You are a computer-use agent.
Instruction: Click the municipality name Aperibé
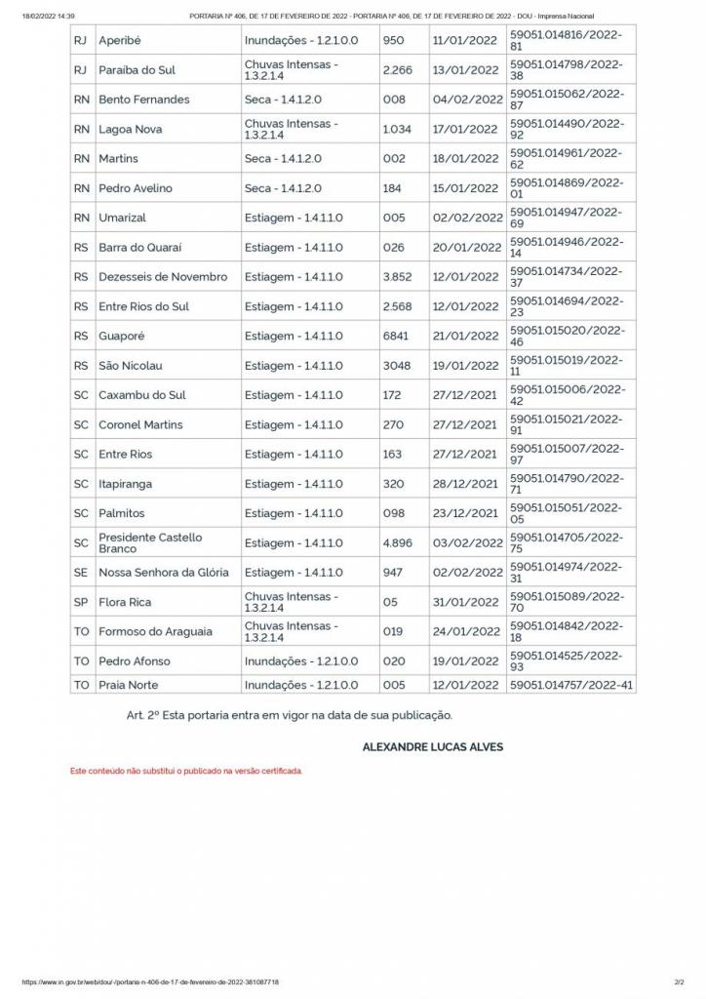point(120,41)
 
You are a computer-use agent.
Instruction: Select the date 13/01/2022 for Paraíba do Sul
point(467,70)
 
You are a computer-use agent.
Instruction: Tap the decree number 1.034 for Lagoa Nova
point(397,129)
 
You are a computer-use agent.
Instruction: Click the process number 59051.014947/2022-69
point(566,218)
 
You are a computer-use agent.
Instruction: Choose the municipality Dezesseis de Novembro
point(163,277)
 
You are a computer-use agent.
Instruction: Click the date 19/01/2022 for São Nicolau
point(467,366)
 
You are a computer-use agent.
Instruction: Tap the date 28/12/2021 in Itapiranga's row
point(467,484)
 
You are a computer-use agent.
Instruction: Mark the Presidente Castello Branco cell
point(150,542)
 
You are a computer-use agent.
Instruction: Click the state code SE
point(80,573)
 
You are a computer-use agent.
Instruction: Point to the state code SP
point(80,602)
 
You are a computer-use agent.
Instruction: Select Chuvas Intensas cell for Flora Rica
point(292,602)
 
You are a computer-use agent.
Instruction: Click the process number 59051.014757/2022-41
point(571,685)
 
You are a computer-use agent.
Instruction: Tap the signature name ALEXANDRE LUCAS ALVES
point(433,747)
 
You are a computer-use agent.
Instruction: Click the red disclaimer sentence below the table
point(186,771)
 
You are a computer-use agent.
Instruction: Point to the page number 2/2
point(679,981)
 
